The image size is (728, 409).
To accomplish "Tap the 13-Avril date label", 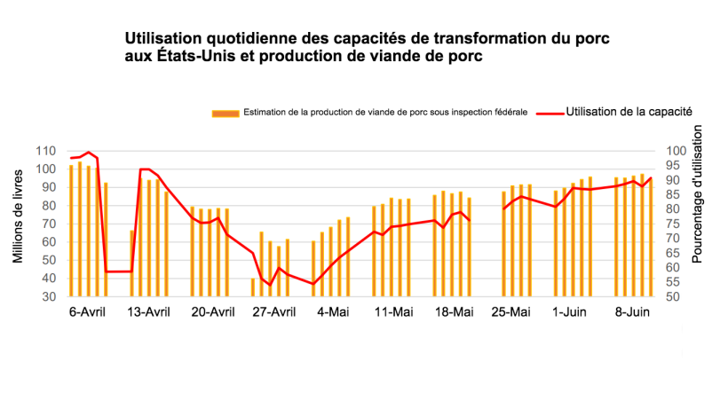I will coord(149,311).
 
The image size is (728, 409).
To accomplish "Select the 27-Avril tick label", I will coord(273,311).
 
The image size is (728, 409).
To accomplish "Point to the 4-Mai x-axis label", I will coord(333,311).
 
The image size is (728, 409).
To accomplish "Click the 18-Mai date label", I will coord(454,311).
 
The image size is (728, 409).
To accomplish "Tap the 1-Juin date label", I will coord(570,311).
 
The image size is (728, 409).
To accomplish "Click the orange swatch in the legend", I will coord(226,113).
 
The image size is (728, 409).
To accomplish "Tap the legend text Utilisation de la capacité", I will coord(629,112).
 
